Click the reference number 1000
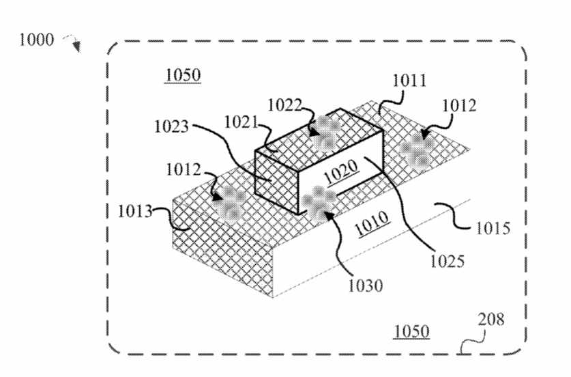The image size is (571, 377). coord(36,40)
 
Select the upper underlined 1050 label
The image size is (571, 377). coord(183,75)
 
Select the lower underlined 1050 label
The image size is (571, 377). coord(412,332)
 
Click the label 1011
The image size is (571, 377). coord(409,81)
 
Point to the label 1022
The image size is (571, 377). coord(284,105)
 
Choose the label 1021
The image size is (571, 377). coord(241,122)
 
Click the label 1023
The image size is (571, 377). coord(171,126)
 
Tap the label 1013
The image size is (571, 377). coord(135,211)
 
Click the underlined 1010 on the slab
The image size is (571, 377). coord(372,223)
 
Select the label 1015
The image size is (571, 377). coord(493,229)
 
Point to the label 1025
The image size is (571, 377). coord(448,261)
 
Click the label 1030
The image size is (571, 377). coord(366,285)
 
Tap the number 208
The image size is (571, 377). coord(491,319)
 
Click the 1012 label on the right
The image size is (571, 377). coord(459,106)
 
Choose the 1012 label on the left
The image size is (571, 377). coord(184,169)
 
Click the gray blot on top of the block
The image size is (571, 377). coord(325,133)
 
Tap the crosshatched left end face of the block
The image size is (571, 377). coord(276,182)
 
